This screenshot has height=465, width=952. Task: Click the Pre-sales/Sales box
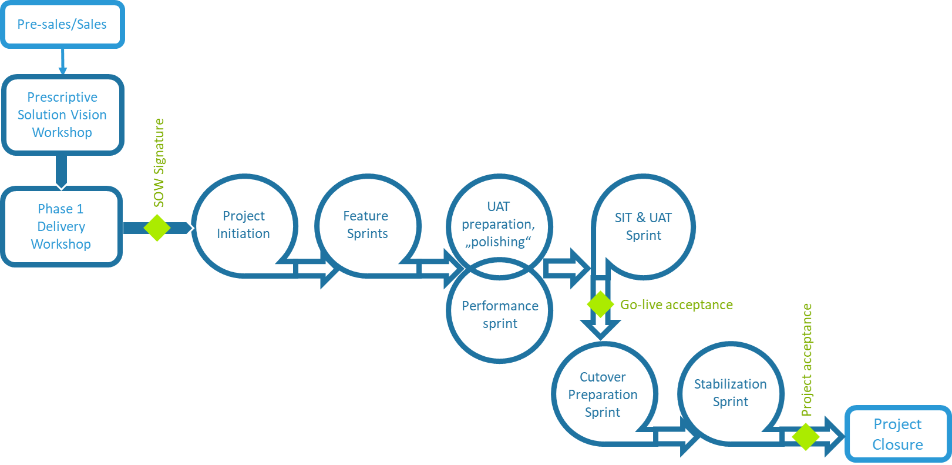62,25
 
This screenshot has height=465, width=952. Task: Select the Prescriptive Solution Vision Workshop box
62,115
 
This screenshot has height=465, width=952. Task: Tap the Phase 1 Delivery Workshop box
61,226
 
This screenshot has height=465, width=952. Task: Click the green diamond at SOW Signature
157,228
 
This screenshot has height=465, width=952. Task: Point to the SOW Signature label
159,163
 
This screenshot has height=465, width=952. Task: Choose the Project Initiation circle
244,225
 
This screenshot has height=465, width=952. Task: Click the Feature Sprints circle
366,225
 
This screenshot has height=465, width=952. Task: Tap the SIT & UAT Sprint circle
644,226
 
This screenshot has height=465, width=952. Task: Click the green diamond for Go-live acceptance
600,305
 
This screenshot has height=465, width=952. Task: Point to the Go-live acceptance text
677,305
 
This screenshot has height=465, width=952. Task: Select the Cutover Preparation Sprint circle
603,394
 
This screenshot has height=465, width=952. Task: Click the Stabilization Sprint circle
731,393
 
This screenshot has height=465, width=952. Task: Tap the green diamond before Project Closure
806,437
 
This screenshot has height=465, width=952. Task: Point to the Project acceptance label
807,360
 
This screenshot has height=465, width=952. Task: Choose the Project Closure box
897,434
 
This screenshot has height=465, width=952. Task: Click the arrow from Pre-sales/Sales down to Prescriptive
62,62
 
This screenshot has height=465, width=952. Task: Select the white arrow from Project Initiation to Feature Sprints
315,269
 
